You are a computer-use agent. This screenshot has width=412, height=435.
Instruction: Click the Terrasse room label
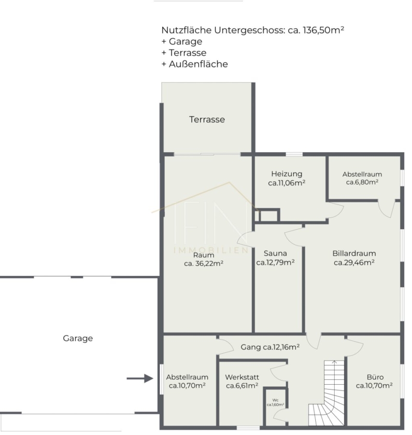click(x=207, y=119)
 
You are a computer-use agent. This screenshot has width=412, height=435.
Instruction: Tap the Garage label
click(x=78, y=338)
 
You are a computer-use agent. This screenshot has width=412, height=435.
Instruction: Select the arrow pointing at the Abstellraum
click(x=140, y=378)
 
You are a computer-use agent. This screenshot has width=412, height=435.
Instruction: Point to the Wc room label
click(x=275, y=400)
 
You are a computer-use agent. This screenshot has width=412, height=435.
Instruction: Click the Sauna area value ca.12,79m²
click(x=275, y=262)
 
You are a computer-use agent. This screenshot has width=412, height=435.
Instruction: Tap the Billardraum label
click(x=354, y=253)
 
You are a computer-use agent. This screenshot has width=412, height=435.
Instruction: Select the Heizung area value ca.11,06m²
click(x=287, y=183)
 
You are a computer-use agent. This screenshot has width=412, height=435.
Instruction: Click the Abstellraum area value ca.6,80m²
click(x=362, y=182)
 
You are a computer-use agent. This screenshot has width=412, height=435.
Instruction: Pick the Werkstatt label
click(x=242, y=377)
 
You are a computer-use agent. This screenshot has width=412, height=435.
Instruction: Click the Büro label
click(x=375, y=377)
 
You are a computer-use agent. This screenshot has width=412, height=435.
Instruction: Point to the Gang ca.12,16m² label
click(x=270, y=347)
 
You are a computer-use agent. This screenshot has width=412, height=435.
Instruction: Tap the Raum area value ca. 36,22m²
click(x=204, y=263)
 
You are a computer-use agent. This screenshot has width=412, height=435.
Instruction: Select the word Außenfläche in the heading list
click(x=198, y=64)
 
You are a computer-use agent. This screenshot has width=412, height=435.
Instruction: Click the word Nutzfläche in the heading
click(x=186, y=30)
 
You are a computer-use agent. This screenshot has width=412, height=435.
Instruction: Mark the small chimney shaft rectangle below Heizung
click(x=267, y=216)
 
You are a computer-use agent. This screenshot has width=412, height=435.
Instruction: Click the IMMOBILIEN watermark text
click(x=211, y=250)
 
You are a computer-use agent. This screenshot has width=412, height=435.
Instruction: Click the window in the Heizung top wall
click(x=294, y=154)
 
